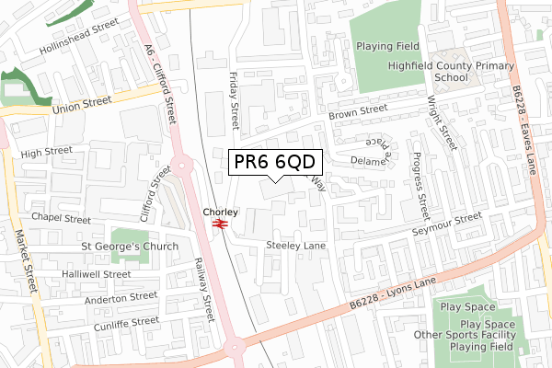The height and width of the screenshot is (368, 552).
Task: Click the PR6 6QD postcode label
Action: click(275, 163)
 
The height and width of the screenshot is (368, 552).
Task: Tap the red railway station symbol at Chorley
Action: click(220, 224)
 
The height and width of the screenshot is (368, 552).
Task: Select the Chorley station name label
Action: click(220, 212)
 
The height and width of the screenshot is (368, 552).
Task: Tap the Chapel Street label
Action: click(61, 220)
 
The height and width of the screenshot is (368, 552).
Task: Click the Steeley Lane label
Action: click(295, 247)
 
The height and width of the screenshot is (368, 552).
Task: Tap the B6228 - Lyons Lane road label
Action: click(391, 296)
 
